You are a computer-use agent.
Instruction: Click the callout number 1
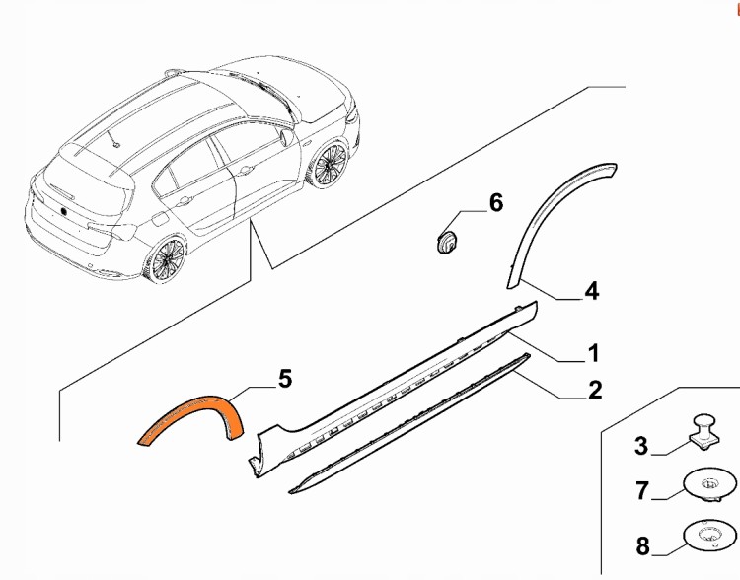point(593,353)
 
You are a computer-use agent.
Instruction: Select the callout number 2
point(595,391)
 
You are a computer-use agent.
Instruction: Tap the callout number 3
point(641,446)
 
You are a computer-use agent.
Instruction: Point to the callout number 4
point(592,291)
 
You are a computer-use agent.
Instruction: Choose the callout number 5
point(285,379)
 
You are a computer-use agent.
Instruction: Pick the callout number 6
point(496,203)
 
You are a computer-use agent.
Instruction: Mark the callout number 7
point(642,490)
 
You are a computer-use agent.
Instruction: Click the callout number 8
point(642,546)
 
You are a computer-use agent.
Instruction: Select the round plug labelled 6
point(446,242)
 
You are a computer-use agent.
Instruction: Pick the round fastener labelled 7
point(709,485)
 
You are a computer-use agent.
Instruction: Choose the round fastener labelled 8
point(709,537)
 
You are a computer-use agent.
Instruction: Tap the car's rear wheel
point(165,259)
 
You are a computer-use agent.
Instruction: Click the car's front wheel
point(328,164)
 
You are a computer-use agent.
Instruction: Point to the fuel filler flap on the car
point(160,219)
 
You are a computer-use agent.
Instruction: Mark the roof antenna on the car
point(113,139)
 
